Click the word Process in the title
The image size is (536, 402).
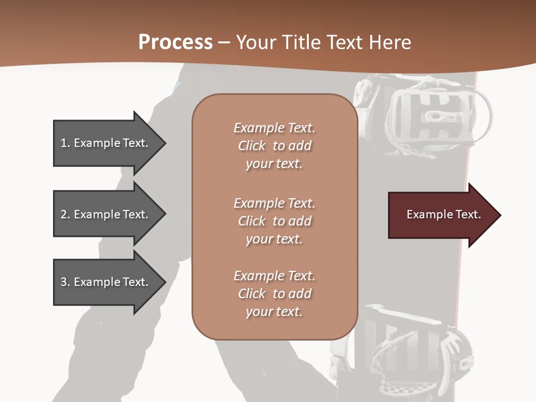[x=175, y=42]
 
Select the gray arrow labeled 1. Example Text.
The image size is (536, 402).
[x=106, y=143]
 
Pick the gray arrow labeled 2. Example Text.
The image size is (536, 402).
[x=106, y=214]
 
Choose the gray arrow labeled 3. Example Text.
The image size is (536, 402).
[x=106, y=282]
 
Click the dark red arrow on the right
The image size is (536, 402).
[x=441, y=215]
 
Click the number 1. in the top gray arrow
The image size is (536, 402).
[x=65, y=143]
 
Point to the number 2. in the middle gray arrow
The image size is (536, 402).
[x=65, y=214]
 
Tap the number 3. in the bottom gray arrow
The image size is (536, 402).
[x=65, y=282]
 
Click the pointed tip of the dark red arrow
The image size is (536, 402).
[x=498, y=215]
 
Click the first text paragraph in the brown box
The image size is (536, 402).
[x=274, y=146]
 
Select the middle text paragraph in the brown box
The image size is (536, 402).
[x=274, y=221]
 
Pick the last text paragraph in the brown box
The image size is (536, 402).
[x=274, y=294]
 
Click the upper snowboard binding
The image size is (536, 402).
[x=430, y=114]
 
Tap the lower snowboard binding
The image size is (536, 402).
[x=413, y=346]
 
